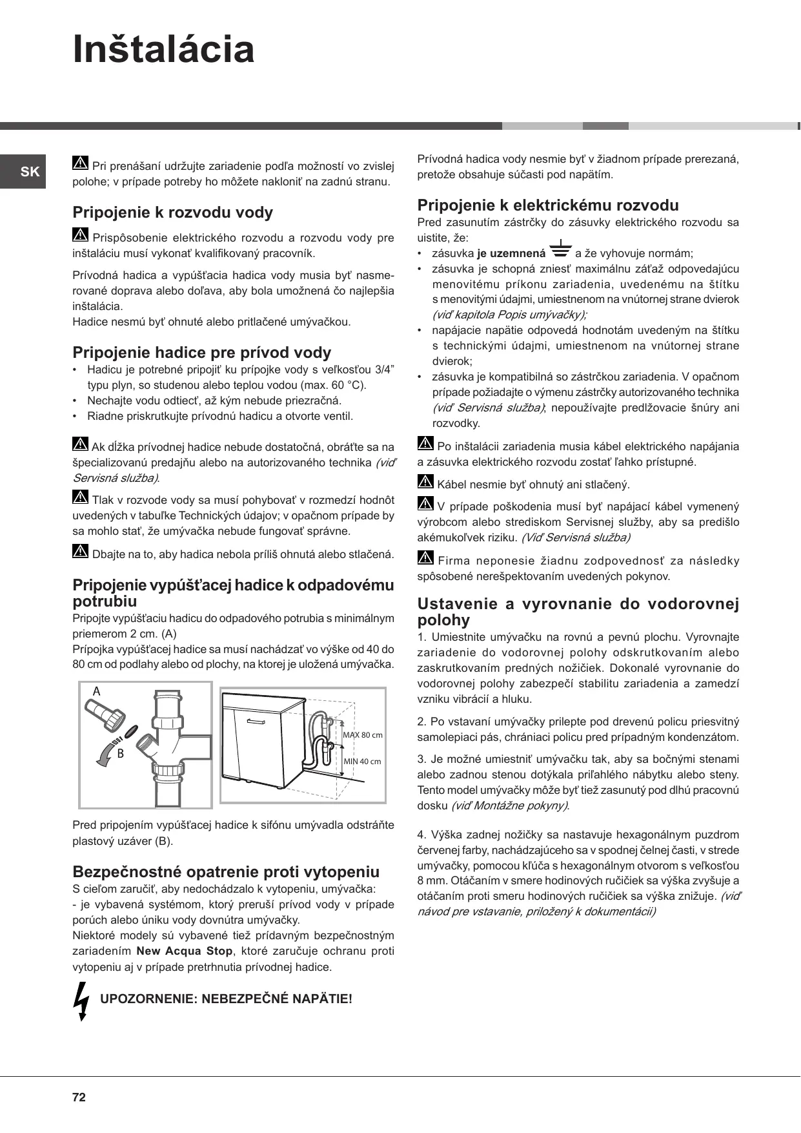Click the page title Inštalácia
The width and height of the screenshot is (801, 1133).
point(164,50)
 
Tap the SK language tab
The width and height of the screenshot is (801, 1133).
point(30,172)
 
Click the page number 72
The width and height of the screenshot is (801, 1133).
point(79,1097)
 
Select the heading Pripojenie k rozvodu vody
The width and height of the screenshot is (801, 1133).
point(172,213)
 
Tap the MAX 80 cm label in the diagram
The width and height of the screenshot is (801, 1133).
point(362,735)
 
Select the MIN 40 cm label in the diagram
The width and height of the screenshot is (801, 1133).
point(362,761)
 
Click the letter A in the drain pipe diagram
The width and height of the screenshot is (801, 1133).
point(97,691)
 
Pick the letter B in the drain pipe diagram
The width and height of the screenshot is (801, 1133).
point(120,753)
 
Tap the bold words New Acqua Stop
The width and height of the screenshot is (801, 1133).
point(185,951)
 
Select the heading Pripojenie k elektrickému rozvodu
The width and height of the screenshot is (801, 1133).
point(548,205)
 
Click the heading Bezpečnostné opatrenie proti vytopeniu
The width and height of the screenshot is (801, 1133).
point(226,871)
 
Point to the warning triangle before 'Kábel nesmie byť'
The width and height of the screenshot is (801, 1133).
point(425,482)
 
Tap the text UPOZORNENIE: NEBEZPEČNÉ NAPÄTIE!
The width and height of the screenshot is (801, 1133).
point(226,999)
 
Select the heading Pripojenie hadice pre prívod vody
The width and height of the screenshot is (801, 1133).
point(201,353)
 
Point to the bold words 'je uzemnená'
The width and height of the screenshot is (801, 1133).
point(511,254)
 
